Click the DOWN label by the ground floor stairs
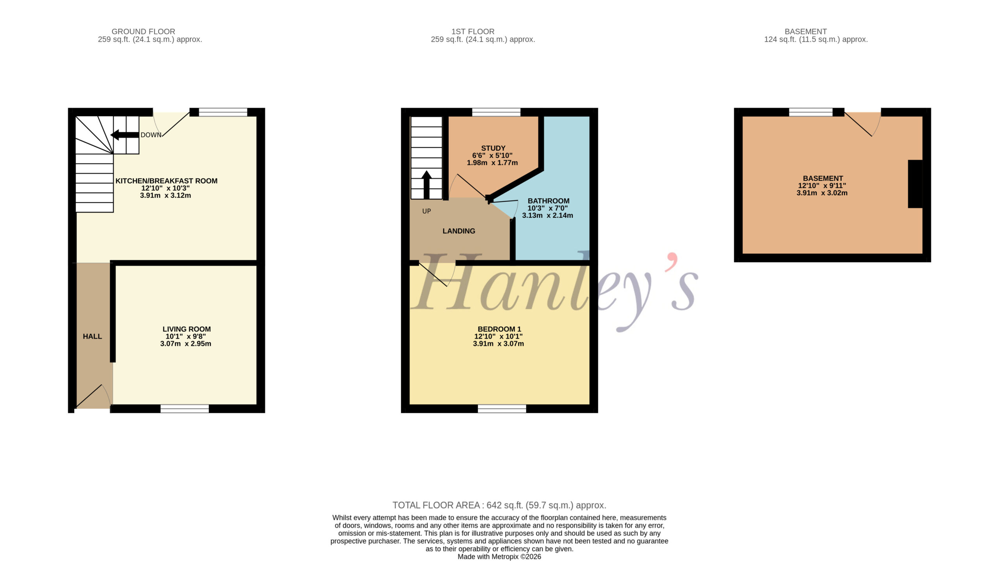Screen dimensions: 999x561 point(151,135)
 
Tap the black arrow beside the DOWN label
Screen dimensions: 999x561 point(125,135)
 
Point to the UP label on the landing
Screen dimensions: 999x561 point(427,211)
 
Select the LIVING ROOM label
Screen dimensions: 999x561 point(187,329)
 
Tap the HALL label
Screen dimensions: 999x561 point(92,337)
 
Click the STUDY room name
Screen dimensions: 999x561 point(493,148)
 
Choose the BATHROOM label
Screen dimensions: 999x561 point(548,201)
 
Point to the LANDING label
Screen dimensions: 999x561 point(459,231)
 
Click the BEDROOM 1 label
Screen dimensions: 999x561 point(499,329)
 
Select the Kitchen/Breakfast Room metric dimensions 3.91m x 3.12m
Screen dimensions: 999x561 point(165,196)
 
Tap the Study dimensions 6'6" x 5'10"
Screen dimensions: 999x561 point(492,155)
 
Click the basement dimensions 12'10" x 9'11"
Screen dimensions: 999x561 point(822,186)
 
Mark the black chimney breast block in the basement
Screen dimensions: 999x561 point(915,184)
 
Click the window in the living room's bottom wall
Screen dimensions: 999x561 point(185,409)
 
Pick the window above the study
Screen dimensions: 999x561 point(496,112)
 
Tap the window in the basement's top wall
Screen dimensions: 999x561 point(811,112)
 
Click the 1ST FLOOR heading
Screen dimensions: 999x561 point(473,32)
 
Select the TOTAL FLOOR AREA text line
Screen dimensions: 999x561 point(499,505)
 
